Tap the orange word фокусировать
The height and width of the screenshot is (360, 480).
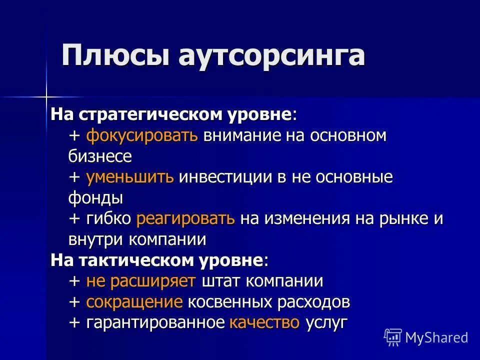[x=142, y=135]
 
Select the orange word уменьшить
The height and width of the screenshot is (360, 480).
[x=130, y=177]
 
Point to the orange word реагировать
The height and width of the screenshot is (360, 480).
[x=185, y=218]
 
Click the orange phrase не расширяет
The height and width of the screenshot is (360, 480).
[x=141, y=281]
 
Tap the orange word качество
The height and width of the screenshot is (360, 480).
[x=264, y=322]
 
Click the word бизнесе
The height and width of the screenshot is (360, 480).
[x=100, y=156]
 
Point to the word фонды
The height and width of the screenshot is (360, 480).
[x=95, y=198]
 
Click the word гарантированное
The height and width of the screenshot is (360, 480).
[x=155, y=322]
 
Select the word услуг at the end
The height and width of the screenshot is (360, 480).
[x=326, y=322]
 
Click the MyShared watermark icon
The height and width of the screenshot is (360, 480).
[x=393, y=337]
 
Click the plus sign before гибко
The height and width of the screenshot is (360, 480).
[x=74, y=219]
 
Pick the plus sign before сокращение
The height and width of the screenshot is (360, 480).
[x=74, y=302]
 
